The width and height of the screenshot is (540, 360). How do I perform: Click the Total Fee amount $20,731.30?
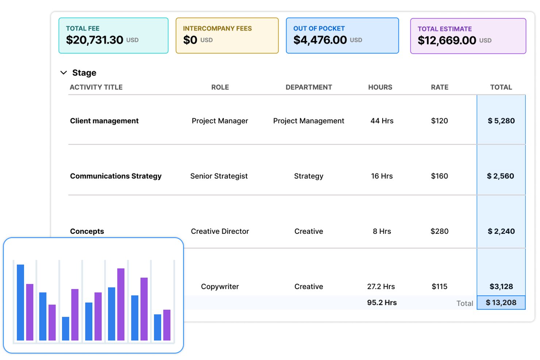coord(94,40)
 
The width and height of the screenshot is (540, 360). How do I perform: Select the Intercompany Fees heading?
coord(217,28)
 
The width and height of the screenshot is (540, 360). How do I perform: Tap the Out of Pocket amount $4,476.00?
coord(320,40)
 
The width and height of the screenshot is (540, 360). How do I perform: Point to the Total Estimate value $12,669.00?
coord(447,40)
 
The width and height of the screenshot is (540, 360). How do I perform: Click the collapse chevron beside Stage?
coord(63,73)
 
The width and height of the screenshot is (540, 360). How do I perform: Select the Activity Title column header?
coord(96,87)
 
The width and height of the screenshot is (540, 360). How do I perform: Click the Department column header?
coord(309,87)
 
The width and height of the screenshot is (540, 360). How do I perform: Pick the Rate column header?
coord(439,87)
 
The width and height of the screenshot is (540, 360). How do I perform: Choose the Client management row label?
coord(104,121)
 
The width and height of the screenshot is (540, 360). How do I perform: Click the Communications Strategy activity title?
coord(116,176)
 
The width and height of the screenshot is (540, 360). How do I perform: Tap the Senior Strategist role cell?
coord(219,176)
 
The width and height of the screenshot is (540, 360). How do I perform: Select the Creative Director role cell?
coord(220,231)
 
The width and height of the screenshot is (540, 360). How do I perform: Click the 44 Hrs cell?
coord(382,121)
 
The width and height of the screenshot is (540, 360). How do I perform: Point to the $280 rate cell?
coord(439,231)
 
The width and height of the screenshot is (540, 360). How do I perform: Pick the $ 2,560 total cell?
coord(501,176)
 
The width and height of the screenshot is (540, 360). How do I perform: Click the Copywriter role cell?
coord(220,287)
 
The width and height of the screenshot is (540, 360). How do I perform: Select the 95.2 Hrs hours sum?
coord(382,302)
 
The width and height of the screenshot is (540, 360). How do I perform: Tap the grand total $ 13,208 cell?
coord(501,302)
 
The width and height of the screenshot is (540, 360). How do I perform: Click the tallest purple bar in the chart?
coord(121,304)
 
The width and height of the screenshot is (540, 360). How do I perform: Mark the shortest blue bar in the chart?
coord(66,329)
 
